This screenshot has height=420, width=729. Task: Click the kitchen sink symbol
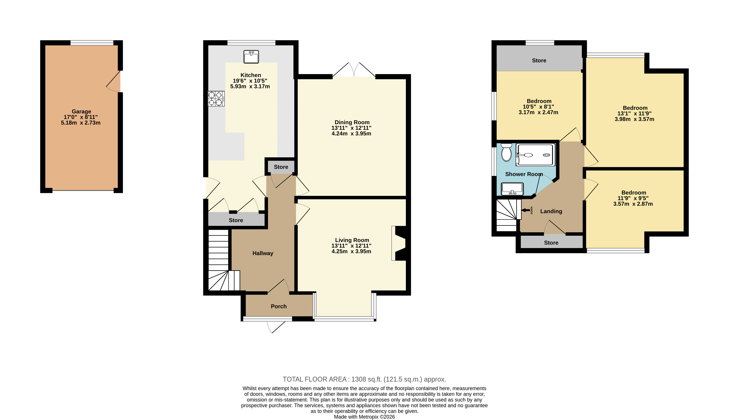[x=251, y=57]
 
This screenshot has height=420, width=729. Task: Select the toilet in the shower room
[x=506, y=152]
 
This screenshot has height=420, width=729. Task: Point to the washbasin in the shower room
[x=512, y=189]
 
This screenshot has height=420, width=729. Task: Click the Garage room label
[x=81, y=111]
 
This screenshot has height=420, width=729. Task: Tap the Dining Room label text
[x=352, y=122]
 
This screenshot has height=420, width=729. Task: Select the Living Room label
[x=352, y=240]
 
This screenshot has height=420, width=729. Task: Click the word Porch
[x=279, y=306]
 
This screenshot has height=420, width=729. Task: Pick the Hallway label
[x=263, y=253]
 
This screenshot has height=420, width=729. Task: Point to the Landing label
[x=551, y=211]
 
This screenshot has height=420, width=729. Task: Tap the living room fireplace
[x=399, y=243]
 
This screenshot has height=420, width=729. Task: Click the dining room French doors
[x=354, y=70]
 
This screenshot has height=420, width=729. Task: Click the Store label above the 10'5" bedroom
[x=539, y=61]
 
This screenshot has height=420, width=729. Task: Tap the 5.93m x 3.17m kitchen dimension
[x=250, y=87]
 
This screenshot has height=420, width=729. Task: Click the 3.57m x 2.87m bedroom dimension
[x=633, y=204]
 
